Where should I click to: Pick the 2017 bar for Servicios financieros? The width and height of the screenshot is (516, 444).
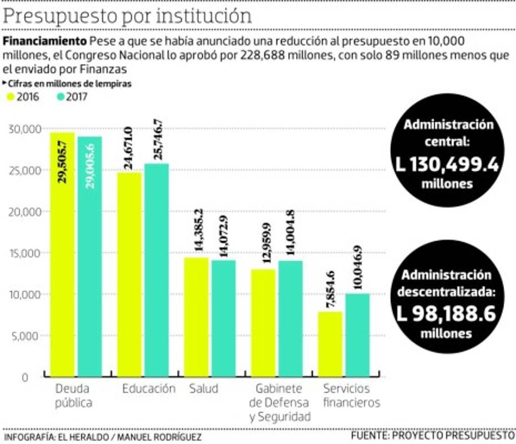click(x=357, y=335)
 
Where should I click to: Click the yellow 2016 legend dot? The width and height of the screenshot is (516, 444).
click(x=10, y=97)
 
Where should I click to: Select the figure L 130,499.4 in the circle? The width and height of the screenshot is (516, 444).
click(x=447, y=164)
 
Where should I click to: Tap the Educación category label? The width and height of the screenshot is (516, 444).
click(x=148, y=388)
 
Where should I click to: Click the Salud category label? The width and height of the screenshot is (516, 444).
click(x=203, y=388)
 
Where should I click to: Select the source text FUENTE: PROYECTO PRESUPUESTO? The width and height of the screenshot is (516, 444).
click(x=433, y=436)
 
